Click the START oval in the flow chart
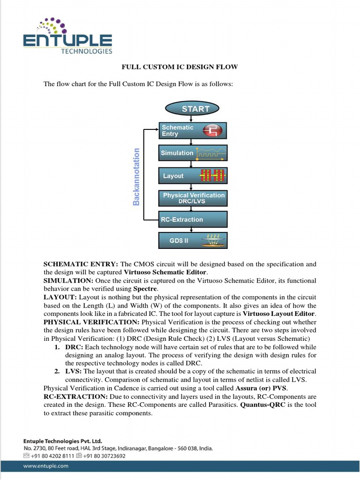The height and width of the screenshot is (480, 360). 195,109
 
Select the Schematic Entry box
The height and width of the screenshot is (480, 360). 193,131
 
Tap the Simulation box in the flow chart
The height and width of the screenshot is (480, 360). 193,153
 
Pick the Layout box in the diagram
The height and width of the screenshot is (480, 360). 193,176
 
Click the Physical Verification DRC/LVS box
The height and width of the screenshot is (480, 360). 193,198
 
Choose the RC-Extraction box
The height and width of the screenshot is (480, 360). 193,219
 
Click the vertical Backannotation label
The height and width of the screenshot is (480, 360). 136,177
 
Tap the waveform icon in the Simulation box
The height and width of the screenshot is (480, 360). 211,153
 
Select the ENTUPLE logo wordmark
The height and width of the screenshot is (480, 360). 68,40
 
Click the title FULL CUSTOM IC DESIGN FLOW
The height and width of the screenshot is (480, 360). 180,67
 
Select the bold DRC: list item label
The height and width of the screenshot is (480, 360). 74,347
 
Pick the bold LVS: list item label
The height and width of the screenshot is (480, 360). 74,371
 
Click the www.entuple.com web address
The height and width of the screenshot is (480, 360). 46,466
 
